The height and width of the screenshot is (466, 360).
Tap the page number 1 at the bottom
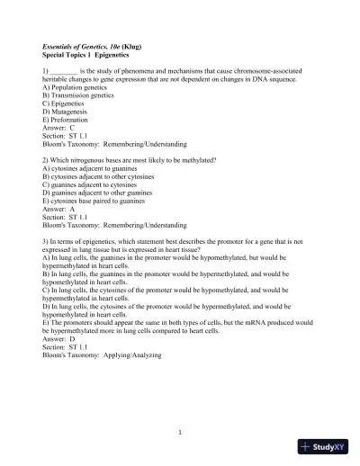pyautogui.click(x=180, y=433)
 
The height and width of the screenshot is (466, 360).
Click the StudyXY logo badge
pyautogui.click(x=328, y=447)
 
